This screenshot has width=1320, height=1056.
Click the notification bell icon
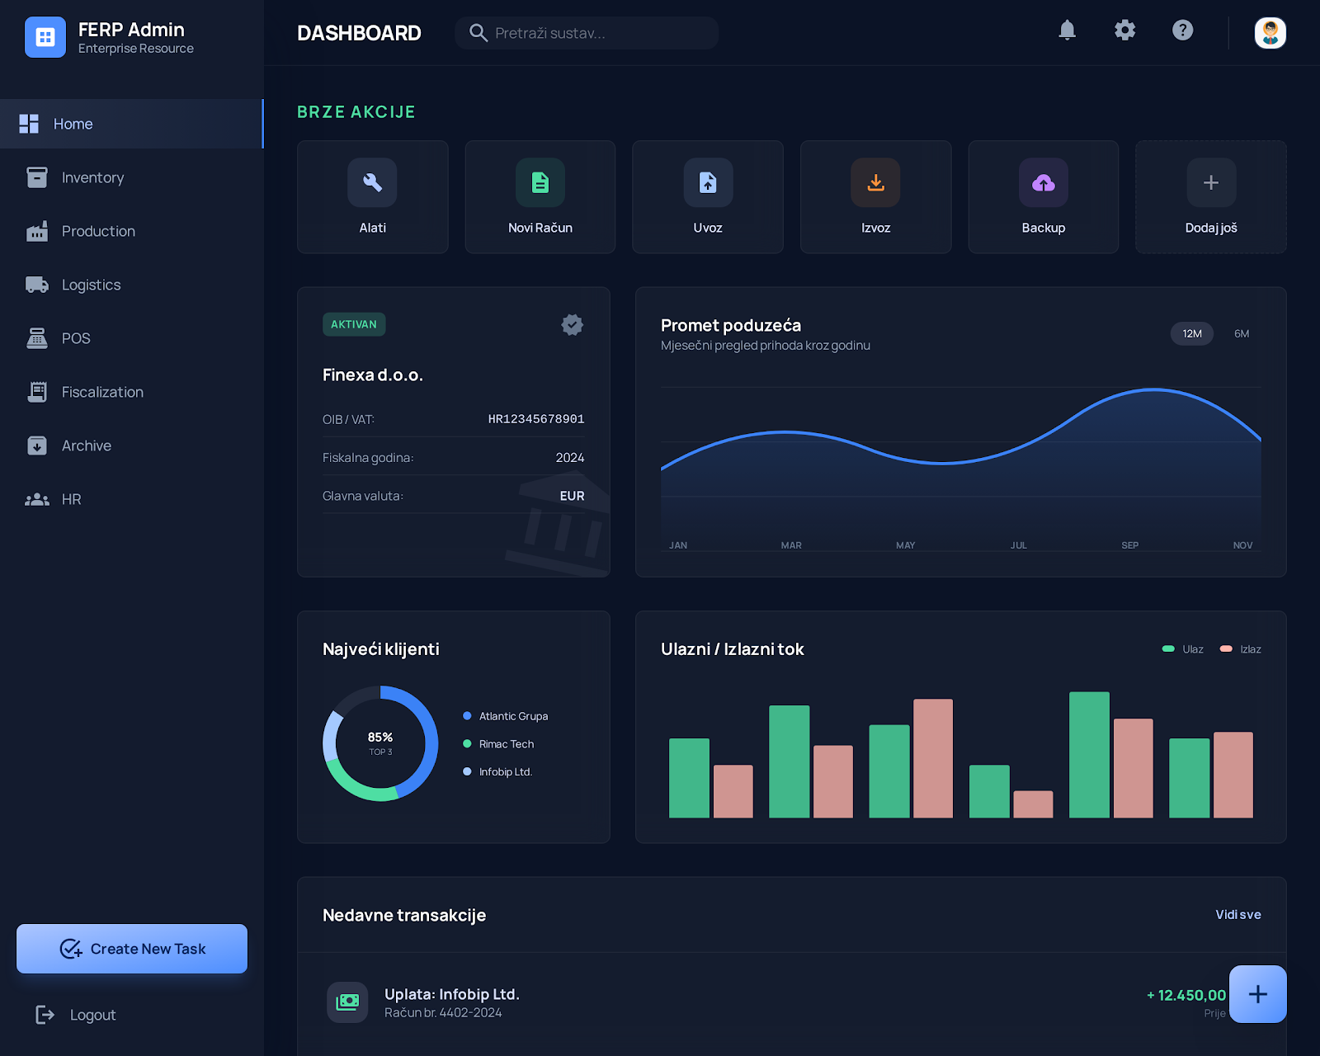point(1067,31)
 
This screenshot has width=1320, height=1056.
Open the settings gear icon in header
point(1124,31)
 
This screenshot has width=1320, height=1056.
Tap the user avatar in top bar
point(1270,33)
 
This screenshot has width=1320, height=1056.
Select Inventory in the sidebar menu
point(92,177)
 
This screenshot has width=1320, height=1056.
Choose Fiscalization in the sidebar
point(101,392)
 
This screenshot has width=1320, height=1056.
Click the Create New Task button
point(132,949)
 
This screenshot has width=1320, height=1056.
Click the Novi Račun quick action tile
point(540,197)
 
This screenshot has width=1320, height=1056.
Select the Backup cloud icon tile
point(1043,197)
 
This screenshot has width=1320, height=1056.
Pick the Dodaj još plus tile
point(1210,197)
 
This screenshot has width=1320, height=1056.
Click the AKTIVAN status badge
point(354,324)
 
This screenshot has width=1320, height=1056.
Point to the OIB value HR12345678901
point(535,419)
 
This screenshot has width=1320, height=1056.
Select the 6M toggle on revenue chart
point(1241,333)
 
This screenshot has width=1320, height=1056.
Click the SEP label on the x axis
point(1129,545)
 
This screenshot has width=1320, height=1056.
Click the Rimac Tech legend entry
point(506,744)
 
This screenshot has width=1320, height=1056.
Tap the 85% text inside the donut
point(380,737)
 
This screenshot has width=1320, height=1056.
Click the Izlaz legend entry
point(1241,649)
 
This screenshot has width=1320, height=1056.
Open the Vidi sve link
point(1237,914)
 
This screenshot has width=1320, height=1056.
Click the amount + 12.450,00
point(1186,995)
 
